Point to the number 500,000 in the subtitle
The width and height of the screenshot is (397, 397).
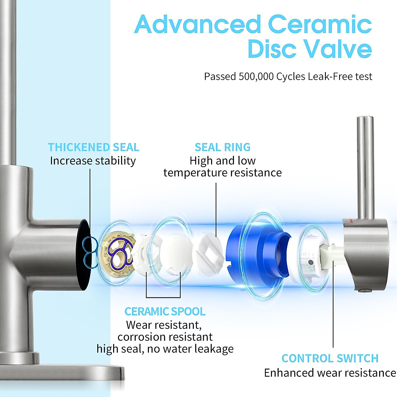256,76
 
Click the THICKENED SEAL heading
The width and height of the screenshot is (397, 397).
93,147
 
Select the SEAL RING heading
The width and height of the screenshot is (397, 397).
222,147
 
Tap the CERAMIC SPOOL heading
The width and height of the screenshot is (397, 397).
165,311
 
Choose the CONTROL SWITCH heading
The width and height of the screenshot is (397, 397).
330,358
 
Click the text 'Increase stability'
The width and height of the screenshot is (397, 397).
93,161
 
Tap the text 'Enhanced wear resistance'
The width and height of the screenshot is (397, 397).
330,373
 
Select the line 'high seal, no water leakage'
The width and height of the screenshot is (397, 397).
165,349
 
